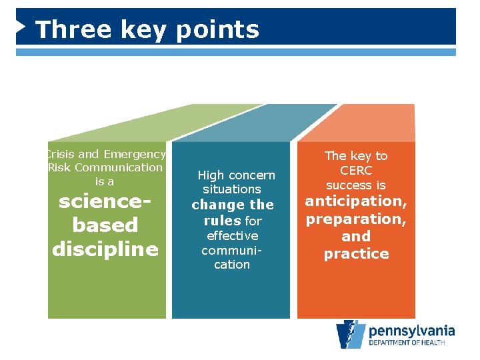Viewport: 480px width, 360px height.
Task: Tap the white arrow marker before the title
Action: [21, 27]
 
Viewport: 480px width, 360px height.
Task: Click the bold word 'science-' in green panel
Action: [105, 201]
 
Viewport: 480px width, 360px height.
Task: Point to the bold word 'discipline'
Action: [105, 249]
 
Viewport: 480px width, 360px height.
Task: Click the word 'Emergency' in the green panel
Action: [134, 154]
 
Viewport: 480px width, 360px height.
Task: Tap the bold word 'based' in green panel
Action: [105, 225]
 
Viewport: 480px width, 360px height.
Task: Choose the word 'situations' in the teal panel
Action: [232, 189]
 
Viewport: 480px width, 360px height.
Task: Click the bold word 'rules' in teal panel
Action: [222, 221]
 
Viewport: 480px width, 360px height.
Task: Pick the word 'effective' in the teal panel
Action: [232, 235]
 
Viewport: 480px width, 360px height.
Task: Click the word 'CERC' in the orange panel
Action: [355, 171]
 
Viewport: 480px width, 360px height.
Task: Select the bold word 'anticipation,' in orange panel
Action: [356, 201]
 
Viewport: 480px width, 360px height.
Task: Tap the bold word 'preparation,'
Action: [356, 219]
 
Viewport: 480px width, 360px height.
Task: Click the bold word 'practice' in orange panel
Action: [356, 254]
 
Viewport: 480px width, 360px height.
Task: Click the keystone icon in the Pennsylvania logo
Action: [350, 335]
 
